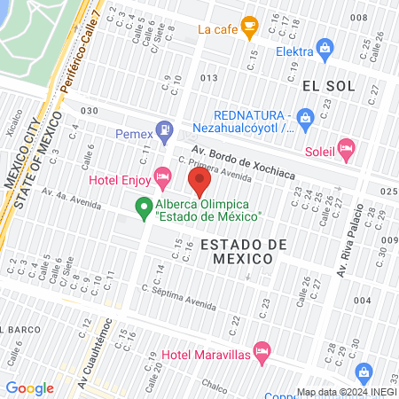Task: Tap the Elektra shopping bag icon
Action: pos(325,49)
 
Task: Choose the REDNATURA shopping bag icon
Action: pos(305,116)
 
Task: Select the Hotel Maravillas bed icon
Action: pos(262,351)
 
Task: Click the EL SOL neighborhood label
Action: pos(328,85)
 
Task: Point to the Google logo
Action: pos(29,387)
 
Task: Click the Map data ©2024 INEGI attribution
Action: pos(346,392)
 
